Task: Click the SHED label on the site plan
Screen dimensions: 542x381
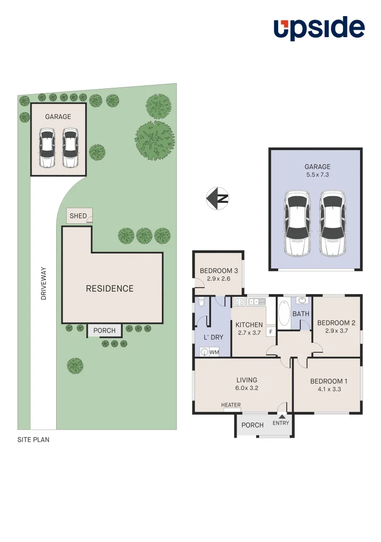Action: pyautogui.click(x=78, y=216)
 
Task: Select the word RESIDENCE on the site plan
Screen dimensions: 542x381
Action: pyautogui.click(x=109, y=289)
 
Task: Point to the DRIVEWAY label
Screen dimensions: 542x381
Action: pyautogui.click(x=44, y=284)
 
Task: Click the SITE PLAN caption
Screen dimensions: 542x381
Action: pyautogui.click(x=33, y=440)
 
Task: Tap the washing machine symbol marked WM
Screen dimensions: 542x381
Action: pyautogui.click(x=205, y=352)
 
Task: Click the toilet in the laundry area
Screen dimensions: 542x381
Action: pyautogui.click(x=201, y=302)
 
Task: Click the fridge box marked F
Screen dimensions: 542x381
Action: pyautogui.click(x=270, y=332)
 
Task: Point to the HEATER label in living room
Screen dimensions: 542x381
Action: pyautogui.click(x=231, y=405)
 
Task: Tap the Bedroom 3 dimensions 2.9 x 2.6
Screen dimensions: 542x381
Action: pyautogui.click(x=219, y=279)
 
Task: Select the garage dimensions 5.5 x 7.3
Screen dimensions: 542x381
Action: pyautogui.click(x=317, y=175)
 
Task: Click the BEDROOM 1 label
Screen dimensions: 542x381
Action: pyautogui.click(x=328, y=381)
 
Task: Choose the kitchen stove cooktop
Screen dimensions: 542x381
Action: pyautogui.click(x=239, y=302)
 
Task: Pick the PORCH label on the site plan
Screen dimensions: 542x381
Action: pyautogui.click(x=104, y=331)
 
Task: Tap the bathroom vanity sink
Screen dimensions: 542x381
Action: pyautogui.click(x=302, y=301)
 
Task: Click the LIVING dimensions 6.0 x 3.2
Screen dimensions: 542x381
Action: pyautogui.click(x=247, y=388)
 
